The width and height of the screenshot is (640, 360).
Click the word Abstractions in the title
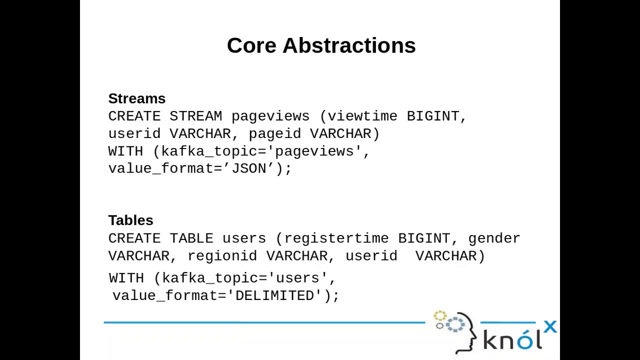(349, 45)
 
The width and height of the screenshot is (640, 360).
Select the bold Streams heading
(136, 98)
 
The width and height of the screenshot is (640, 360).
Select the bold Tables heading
(130, 220)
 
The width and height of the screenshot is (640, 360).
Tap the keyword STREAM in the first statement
(195, 116)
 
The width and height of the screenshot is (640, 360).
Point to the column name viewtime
(362, 116)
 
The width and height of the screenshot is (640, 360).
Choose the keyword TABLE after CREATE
(191, 238)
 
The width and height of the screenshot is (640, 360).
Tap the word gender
(494, 238)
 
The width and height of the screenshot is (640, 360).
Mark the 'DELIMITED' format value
(274, 296)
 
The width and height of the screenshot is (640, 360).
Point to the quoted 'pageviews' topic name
(314, 151)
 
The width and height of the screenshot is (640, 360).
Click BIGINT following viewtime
(433, 116)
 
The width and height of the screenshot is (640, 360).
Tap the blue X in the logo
(550, 327)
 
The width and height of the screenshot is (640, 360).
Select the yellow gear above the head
(439, 316)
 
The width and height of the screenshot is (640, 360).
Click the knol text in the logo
(512, 340)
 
